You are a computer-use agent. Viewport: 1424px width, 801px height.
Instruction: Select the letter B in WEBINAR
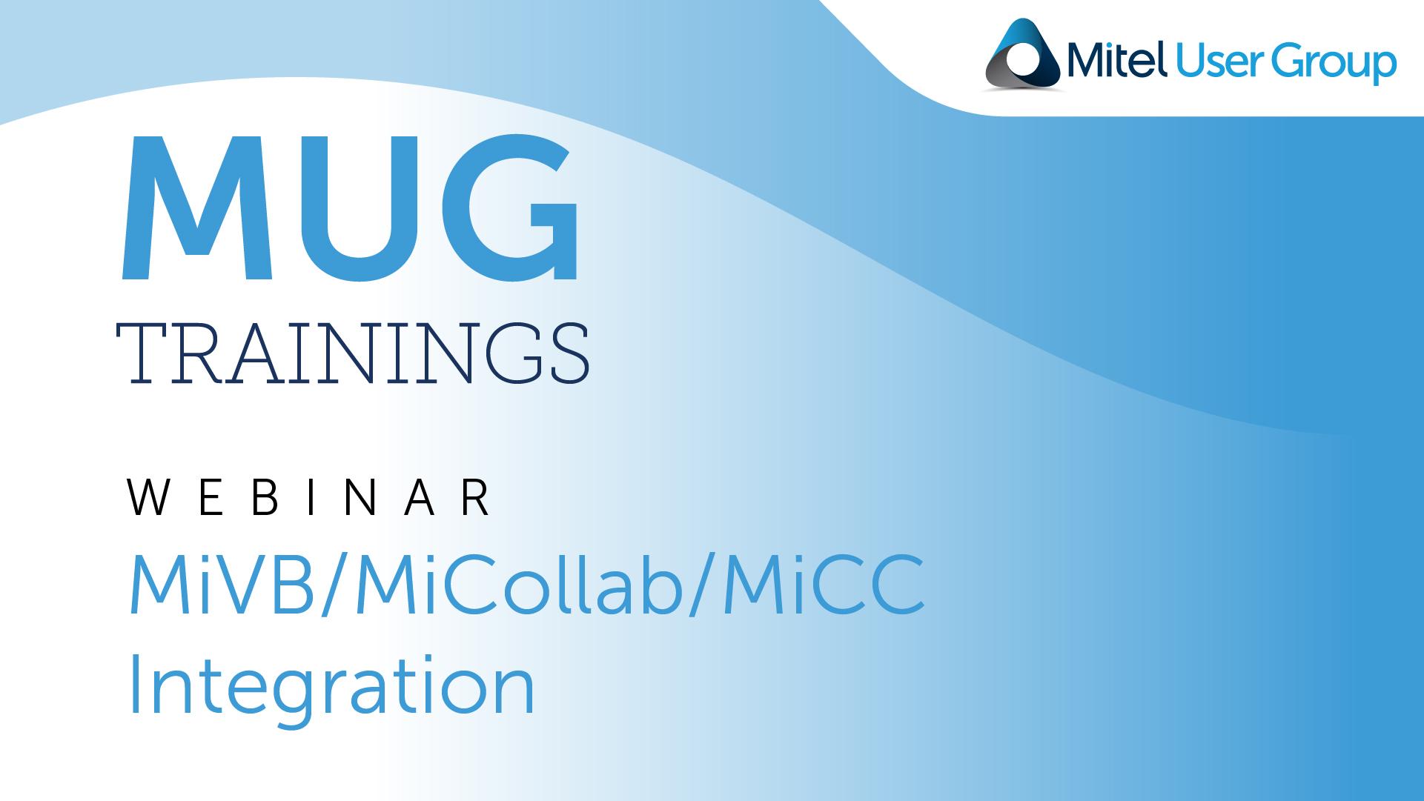264,497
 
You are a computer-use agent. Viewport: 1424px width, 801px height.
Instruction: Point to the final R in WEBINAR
475,497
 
